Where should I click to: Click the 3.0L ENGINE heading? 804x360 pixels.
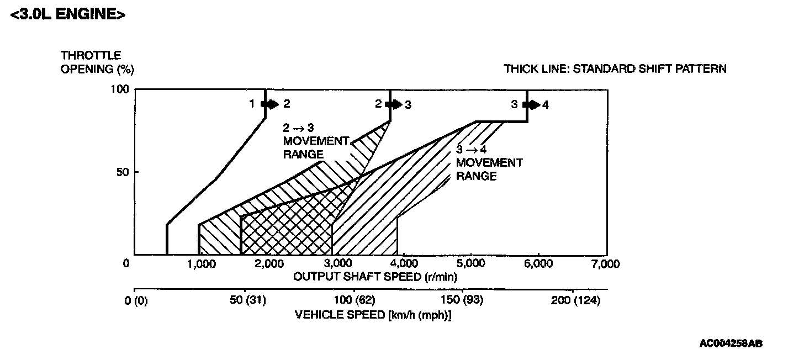click(67, 14)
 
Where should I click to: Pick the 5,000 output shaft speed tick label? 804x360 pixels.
click(470, 264)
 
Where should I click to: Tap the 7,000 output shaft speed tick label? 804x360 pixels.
click(606, 264)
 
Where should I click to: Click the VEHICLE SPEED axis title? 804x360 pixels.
click(373, 315)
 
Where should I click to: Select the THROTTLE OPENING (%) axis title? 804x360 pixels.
click(97, 62)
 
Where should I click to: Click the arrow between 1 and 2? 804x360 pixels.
click(271, 104)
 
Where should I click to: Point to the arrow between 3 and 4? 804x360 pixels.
click(532, 104)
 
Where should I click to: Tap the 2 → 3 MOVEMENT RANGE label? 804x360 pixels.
click(316, 141)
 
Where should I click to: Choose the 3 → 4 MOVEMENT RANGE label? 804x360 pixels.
click(489, 163)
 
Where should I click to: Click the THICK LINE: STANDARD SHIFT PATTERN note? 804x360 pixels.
click(615, 69)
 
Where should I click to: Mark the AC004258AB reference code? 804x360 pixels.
click(731, 343)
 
